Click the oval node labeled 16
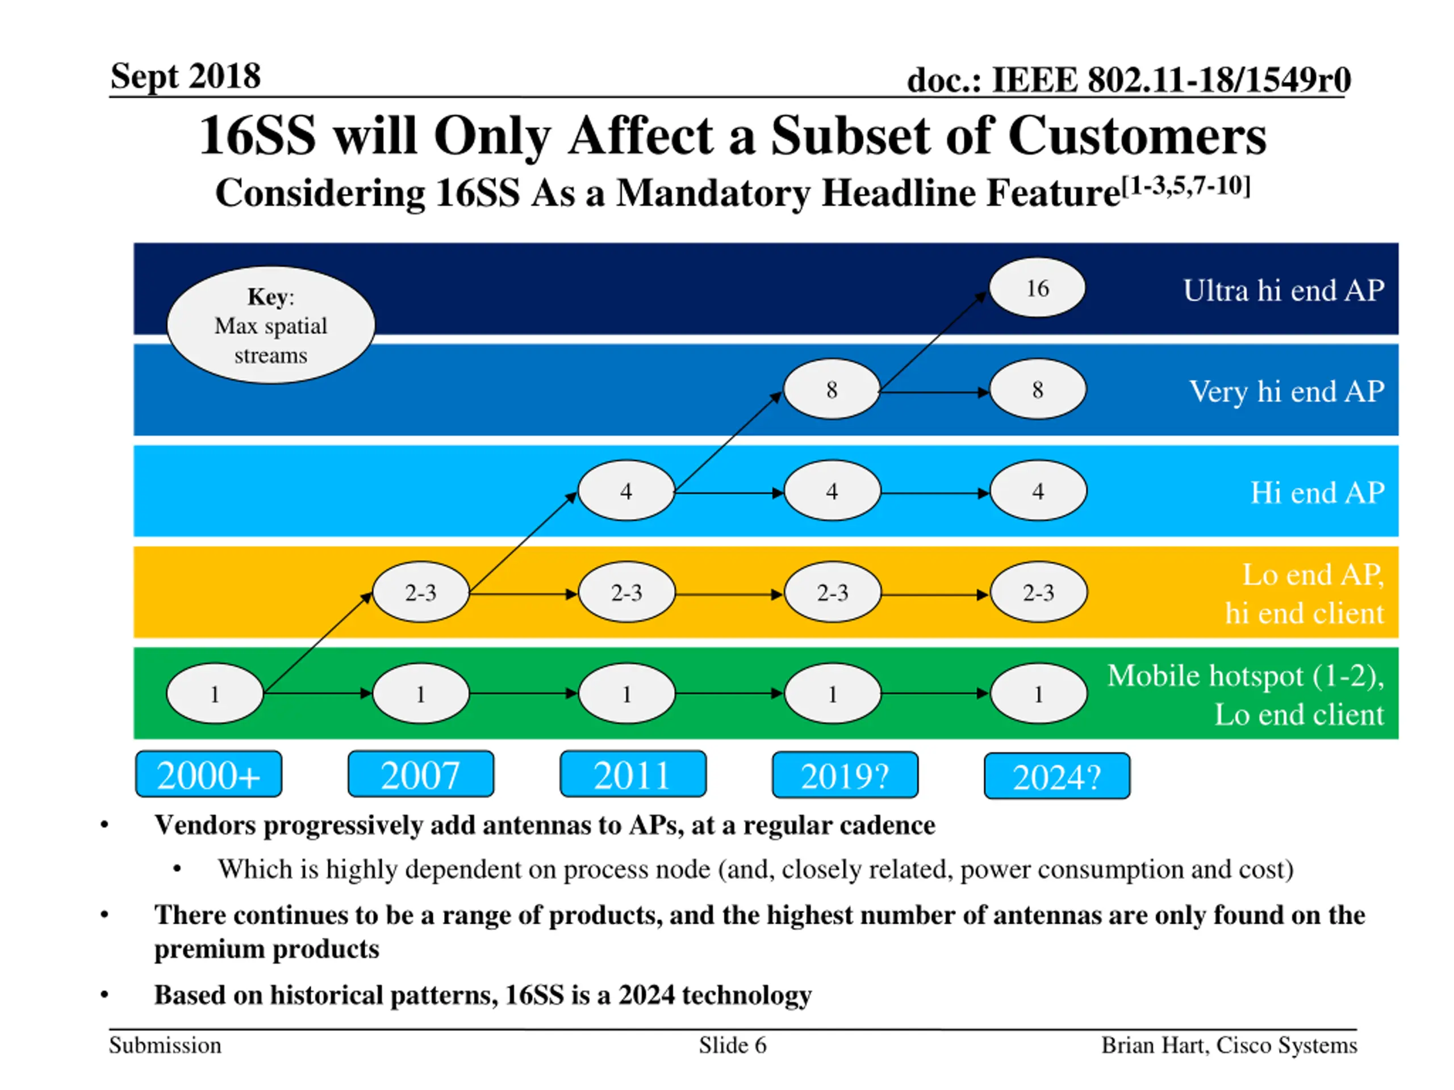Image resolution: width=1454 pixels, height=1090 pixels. pos(1037,288)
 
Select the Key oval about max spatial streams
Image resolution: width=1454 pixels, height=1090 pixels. pos(271,325)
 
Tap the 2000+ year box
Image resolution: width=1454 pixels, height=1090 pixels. pos(208,774)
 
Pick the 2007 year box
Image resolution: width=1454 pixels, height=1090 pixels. pos(421,774)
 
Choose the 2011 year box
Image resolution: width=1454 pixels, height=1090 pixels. pos(633,774)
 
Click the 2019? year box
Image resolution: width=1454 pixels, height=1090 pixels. pos(845,776)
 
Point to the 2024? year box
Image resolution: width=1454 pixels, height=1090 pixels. pos(1057,777)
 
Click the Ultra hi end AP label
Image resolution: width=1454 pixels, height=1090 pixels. pos(1283,291)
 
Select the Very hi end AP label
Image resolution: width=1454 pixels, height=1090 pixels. pos(1286,392)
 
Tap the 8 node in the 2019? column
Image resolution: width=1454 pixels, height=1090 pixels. pos(832,389)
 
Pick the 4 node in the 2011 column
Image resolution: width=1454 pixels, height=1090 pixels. pos(626,491)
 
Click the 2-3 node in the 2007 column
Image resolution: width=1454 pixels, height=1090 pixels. pos(421,593)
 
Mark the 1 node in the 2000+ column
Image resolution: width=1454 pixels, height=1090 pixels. pos(215,694)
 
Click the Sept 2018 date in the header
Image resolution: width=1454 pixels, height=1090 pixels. pos(185,76)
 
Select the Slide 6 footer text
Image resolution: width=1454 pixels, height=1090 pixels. pos(732,1045)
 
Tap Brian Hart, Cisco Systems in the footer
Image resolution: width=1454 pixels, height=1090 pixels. pos(1229,1045)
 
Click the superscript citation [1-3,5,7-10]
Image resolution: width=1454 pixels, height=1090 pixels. pos(1185,187)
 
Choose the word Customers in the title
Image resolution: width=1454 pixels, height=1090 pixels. pos(1137,137)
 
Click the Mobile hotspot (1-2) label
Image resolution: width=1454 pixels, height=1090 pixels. pos(1245,676)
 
